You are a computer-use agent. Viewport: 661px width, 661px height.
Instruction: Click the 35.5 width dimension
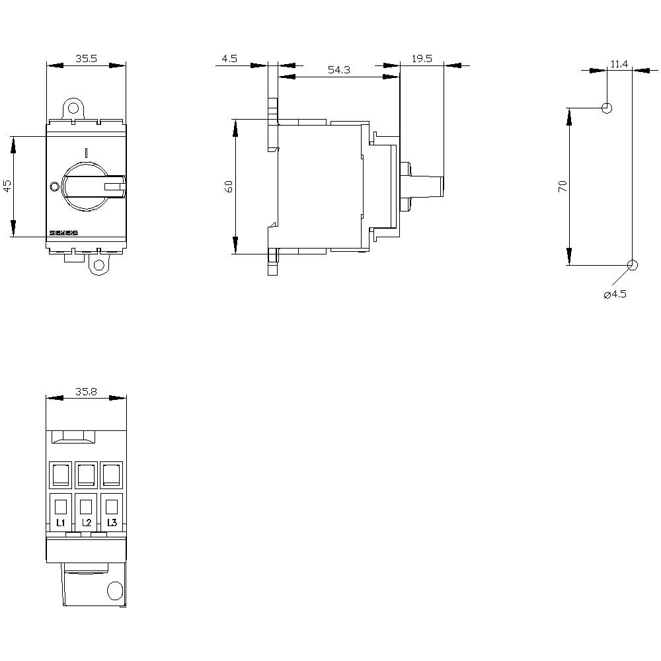click(86, 58)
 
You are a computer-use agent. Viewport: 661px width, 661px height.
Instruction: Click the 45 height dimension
click(8, 186)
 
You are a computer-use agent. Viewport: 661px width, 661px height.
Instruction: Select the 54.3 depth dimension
click(338, 70)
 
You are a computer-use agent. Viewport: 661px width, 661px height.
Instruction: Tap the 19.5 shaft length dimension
click(421, 58)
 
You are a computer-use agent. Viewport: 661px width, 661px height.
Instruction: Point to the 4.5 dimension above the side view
click(229, 58)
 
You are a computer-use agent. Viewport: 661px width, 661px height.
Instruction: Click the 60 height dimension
click(229, 186)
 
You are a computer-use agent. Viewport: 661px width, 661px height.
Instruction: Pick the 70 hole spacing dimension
click(563, 186)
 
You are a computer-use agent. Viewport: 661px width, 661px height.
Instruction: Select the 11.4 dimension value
click(619, 63)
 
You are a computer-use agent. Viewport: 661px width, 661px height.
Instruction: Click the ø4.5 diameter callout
click(615, 294)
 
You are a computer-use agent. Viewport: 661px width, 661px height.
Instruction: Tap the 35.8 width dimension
click(86, 391)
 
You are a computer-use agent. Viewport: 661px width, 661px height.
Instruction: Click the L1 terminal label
click(60, 523)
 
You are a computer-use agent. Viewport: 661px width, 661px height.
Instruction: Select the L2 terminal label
click(86, 523)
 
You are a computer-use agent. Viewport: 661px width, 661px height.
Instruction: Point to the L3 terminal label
click(112, 523)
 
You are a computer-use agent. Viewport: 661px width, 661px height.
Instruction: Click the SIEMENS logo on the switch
click(64, 233)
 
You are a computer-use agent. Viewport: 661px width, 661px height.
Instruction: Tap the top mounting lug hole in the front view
click(73, 107)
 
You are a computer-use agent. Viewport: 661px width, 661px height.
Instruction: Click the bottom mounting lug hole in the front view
click(99, 266)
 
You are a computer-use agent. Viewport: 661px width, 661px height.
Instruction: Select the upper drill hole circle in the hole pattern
click(607, 108)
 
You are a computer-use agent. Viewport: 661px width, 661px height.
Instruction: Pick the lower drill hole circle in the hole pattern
click(632, 265)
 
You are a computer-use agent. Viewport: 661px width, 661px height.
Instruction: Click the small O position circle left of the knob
click(54, 186)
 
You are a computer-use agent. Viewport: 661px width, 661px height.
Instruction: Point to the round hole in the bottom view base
click(114, 590)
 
